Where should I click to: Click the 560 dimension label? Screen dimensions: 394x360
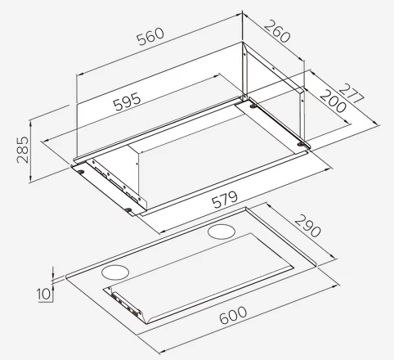point(150,36)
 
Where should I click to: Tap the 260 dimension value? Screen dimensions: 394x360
point(277,31)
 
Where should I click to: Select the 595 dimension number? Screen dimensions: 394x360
point(128,101)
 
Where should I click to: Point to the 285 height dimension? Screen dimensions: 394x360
point(23,150)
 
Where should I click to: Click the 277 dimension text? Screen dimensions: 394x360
point(351,93)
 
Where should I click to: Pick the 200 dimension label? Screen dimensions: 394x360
point(333,101)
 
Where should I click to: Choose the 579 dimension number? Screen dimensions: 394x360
point(225,200)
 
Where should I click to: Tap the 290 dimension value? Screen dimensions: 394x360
point(307,226)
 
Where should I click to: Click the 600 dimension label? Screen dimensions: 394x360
point(233,316)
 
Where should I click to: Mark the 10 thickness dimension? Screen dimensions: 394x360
point(44,294)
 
